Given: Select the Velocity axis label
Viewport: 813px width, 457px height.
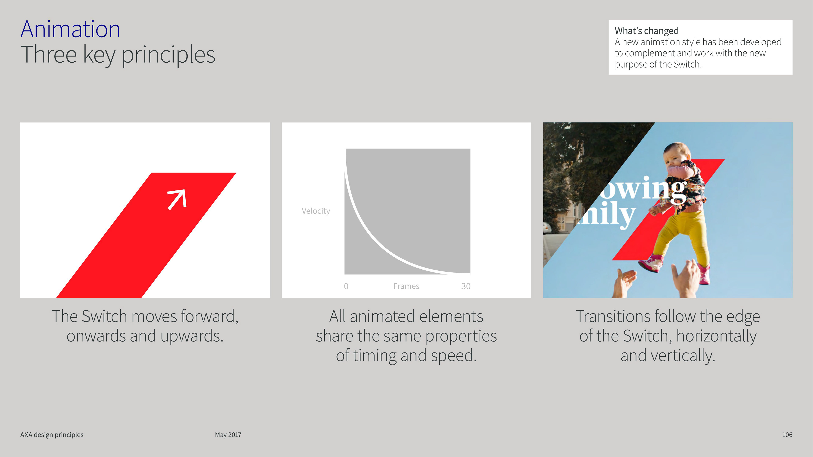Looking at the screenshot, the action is [316, 211].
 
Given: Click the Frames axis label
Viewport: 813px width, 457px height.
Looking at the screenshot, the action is [406, 286].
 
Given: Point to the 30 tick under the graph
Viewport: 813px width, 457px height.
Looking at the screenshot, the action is [466, 286].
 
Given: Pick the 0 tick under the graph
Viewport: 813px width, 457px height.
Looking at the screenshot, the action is [346, 286].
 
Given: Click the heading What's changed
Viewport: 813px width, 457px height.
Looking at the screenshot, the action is [646, 31].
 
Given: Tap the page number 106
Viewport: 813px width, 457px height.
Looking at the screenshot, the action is [787, 435].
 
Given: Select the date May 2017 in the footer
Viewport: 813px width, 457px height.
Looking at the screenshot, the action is [228, 435].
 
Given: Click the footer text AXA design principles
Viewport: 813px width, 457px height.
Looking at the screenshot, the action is [52, 435].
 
